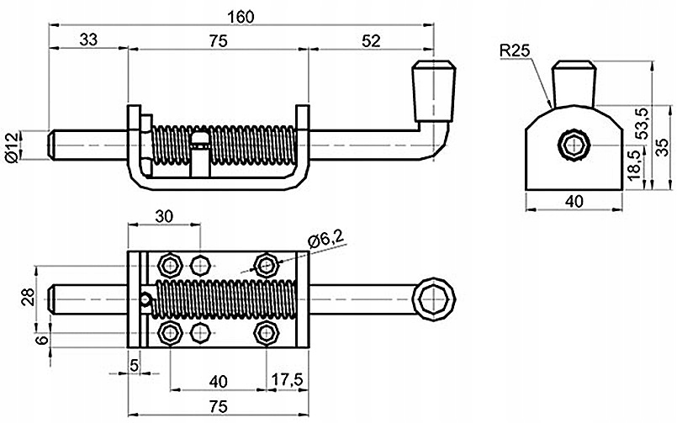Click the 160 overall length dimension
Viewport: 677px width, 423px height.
pos(241,17)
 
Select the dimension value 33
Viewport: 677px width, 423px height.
pos(88,40)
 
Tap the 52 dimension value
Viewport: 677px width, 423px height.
pos(372,41)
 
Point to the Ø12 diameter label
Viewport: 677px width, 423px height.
pos(12,148)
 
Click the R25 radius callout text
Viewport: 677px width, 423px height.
pos(515,51)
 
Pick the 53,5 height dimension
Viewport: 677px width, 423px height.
pos(643,123)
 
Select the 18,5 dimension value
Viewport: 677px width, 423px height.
pos(634,166)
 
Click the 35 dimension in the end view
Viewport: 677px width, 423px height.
pos(664,147)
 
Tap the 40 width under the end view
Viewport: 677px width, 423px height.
pos(574,201)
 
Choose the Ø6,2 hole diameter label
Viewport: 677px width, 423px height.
pos(326,238)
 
